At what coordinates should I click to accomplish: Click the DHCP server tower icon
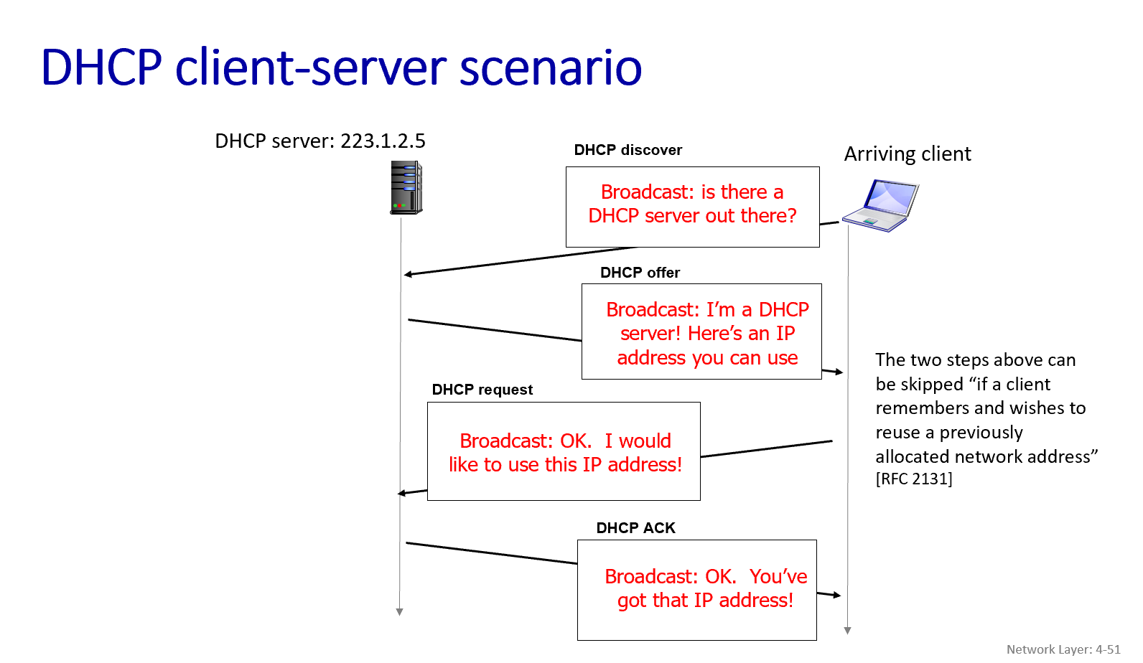406,187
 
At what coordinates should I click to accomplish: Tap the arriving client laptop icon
881,206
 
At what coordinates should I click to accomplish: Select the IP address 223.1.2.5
383,141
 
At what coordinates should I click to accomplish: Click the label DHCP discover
628,150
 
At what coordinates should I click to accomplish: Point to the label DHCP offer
640,273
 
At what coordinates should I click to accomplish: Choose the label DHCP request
482,390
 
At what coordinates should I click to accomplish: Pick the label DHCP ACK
635,528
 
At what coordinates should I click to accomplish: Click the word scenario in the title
550,68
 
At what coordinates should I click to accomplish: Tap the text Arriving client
907,154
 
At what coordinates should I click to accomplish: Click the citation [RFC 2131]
913,479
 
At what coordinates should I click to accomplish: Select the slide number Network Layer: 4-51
1063,649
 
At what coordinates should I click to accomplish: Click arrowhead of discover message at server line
408,274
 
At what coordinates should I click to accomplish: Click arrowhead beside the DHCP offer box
839,372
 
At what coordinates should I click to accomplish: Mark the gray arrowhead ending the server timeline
400,612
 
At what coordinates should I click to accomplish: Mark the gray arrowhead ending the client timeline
848,631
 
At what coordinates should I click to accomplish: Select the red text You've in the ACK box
778,577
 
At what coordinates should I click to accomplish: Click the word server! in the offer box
650,334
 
